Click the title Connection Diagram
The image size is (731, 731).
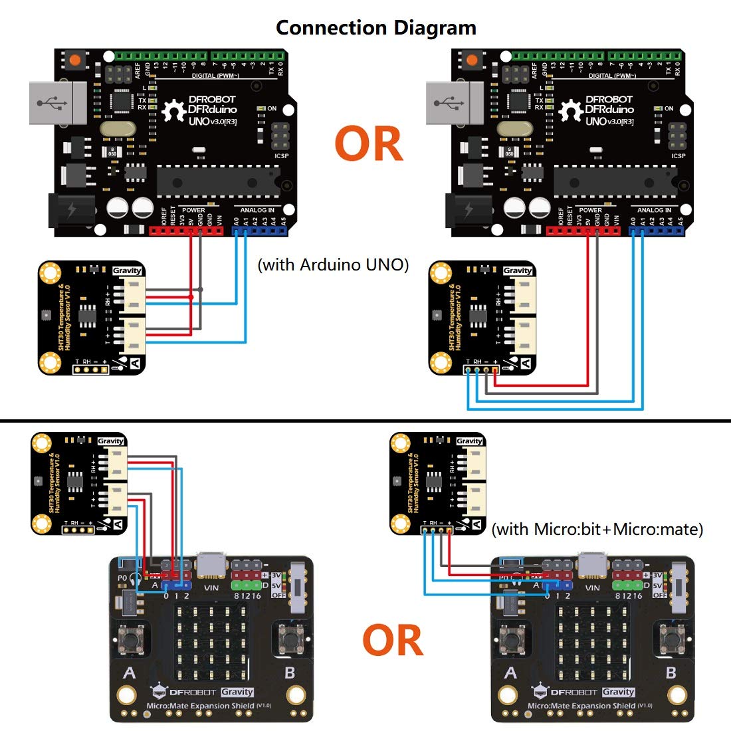[376, 28]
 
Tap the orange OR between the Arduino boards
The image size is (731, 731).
[369, 144]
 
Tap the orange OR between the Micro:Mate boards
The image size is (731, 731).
[393, 640]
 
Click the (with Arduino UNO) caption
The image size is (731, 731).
[333, 264]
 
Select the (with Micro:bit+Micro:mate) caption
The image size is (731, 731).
[597, 529]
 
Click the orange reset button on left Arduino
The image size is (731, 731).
[74, 60]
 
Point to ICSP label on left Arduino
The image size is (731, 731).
[282, 156]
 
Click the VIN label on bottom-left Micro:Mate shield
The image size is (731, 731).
[211, 587]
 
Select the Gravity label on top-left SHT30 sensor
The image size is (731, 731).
[127, 270]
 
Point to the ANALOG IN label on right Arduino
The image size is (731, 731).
[654, 210]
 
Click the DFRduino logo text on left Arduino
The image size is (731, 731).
[213, 109]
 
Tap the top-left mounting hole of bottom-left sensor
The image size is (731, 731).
[42, 443]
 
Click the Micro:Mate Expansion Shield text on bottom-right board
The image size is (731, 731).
[581, 706]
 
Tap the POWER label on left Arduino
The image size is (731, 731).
[193, 210]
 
